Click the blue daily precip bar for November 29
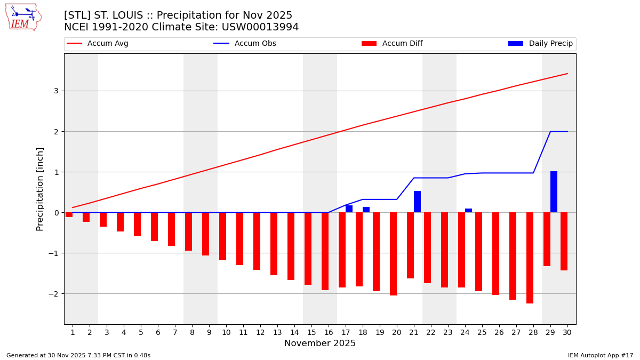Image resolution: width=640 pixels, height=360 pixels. click(554, 192)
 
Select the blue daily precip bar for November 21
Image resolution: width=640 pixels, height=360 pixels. click(417, 202)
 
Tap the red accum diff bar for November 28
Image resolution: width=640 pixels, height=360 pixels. click(530, 258)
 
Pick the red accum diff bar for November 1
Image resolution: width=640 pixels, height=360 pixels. click(69, 214)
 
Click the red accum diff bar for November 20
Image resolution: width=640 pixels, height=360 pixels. click(393, 254)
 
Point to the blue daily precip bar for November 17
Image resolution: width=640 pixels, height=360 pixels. click(349, 209)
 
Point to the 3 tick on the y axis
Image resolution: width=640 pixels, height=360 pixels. click(55, 91)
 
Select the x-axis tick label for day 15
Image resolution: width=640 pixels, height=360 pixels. click(311, 333)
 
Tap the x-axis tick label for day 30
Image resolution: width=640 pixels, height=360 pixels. click(567, 333)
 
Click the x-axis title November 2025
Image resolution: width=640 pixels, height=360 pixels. click(320, 343)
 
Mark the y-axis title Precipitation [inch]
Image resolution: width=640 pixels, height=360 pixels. click(40, 189)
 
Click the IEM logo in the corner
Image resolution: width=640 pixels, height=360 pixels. click(23, 17)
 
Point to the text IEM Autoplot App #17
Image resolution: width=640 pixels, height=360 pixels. click(601, 355)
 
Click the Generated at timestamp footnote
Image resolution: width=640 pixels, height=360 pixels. click(78, 355)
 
